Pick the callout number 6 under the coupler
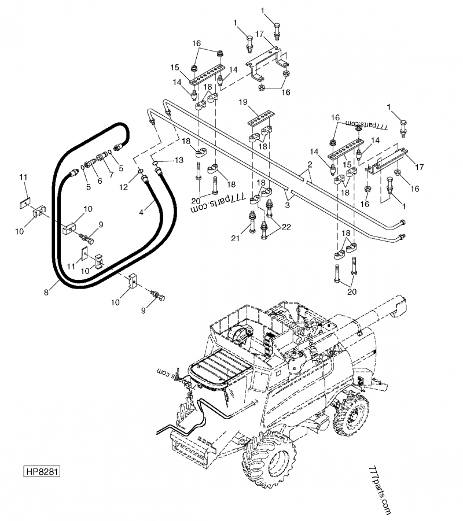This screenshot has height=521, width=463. point(100,180)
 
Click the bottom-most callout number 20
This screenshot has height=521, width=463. point(351,292)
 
